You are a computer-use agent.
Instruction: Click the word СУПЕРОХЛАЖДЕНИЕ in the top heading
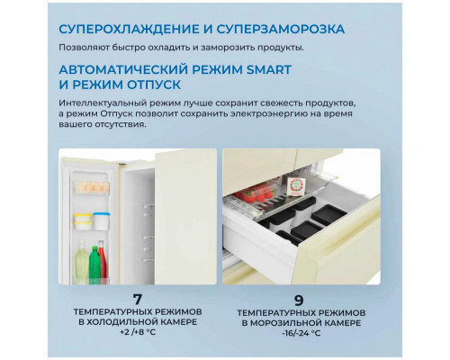pyautogui.click(x=129, y=29)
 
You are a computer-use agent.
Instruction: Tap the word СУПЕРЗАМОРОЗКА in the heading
pyautogui.click(x=281, y=29)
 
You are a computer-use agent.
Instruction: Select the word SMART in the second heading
pyautogui.click(x=269, y=69)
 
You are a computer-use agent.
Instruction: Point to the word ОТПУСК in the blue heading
pyautogui.click(x=154, y=85)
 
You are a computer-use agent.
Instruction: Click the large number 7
pyautogui.click(x=138, y=300)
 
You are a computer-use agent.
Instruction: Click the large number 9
pyautogui.click(x=299, y=300)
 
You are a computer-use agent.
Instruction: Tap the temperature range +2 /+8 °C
pyautogui.click(x=138, y=332)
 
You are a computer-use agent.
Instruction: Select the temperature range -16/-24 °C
pyautogui.click(x=301, y=333)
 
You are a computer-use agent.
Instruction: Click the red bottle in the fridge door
pyautogui.click(x=103, y=259)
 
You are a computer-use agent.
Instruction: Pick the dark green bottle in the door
pyautogui.click(x=94, y=263)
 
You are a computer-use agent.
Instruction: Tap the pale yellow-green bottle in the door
pyautogui.click(x=81, y=260)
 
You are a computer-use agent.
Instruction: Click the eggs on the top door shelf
pyautogui.click(x=93, y=187)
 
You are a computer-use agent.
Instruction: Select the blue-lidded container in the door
pyautogui.click(x=102, y=220)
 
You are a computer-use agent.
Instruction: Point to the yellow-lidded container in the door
pyautogui.click(x=83, y=221)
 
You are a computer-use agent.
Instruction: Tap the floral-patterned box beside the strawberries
pyautogui.click(x=296, y=186)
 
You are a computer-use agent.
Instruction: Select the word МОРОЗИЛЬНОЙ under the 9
pyautogui.click(x=285, y=323)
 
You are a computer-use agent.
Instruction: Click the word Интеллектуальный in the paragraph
pyautogui.click(x=103, y=103)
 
